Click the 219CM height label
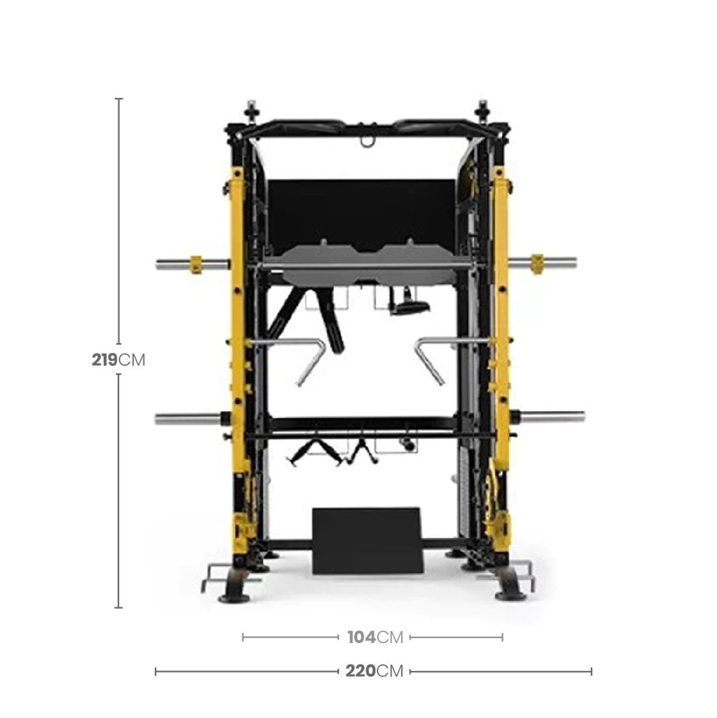coord(118,360)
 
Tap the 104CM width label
coord(375,637)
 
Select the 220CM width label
coord(374,671)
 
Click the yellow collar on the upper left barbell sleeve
coord(196,264)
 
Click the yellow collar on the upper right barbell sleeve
coord(537,264)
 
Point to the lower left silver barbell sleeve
coord(188,419)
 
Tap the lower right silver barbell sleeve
coord(552,416)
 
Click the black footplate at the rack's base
coord(368,541)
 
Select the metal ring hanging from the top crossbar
coord(367,142)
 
